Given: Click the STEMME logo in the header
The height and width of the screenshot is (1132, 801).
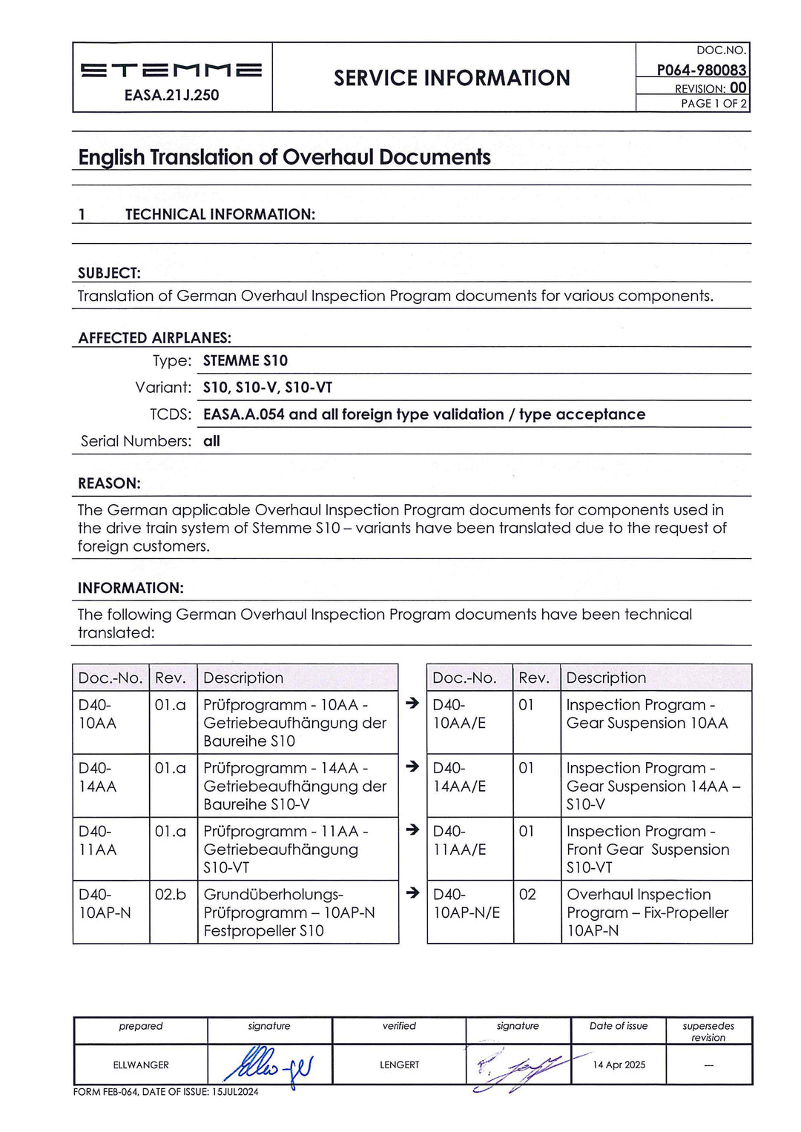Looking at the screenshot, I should (171, 70).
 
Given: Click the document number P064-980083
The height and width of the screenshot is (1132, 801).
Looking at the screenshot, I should (701, 70).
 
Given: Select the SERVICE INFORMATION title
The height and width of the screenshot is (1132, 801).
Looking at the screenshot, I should (452, 78).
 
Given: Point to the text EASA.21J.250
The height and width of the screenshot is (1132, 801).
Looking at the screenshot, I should (171, 95).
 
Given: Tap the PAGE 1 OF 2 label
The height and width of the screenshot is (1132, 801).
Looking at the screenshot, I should (713, 104).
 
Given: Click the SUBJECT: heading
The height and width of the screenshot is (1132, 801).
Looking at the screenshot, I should (109, 273).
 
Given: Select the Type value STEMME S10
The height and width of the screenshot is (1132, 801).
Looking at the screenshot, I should (245, 361).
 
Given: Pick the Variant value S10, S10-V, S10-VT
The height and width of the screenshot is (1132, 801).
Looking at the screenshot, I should (268, 388).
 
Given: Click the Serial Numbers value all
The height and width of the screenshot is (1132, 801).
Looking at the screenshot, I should (211, 441).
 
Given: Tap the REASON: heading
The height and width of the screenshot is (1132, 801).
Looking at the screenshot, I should (109, 483).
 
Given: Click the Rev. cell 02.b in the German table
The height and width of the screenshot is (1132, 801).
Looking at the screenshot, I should (171, 895).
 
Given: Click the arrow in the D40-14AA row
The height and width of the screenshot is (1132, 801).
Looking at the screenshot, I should (413, 767).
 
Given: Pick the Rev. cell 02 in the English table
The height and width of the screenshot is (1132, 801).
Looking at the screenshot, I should (527, 895).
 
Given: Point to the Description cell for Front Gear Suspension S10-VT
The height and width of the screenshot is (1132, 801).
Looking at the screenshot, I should (647, 850).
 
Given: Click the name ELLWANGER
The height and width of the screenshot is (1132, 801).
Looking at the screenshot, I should (141, 1065).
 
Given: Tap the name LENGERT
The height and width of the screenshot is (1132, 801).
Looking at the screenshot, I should (399, 1065).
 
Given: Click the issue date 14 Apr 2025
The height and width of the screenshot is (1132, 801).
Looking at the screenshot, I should (619, 1065).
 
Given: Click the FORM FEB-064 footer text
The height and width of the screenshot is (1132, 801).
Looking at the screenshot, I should (165, 1092).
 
